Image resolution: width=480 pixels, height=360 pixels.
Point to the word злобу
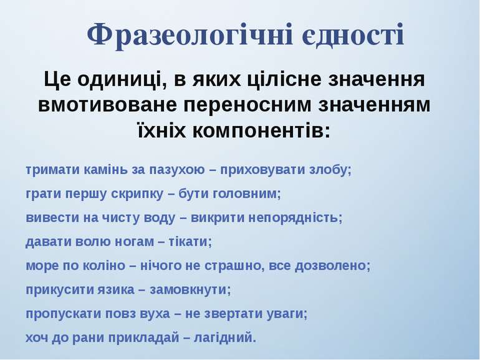click(x=332, y=170)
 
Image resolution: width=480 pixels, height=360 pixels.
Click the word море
click(x=40, y=266)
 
